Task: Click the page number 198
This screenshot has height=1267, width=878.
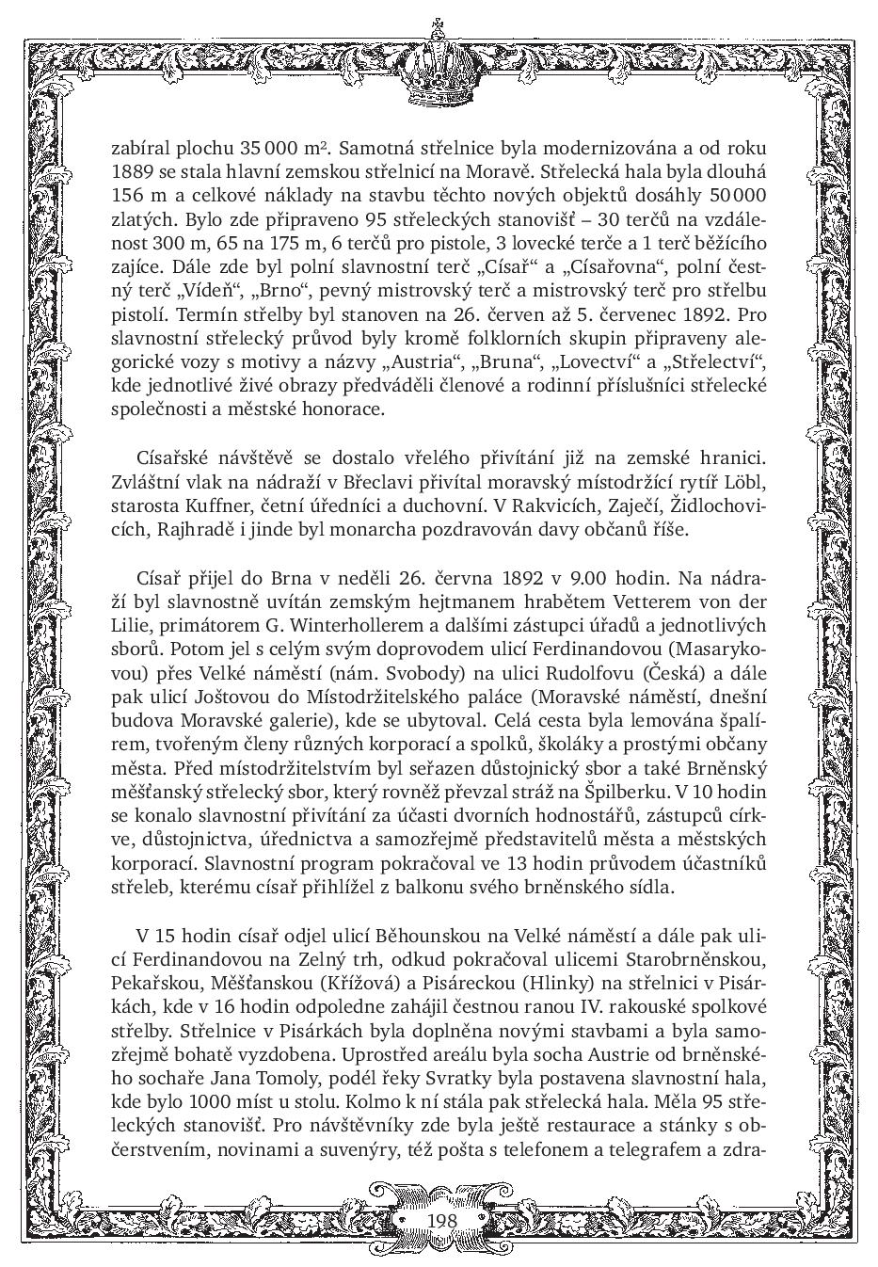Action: coord(440,1220)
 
